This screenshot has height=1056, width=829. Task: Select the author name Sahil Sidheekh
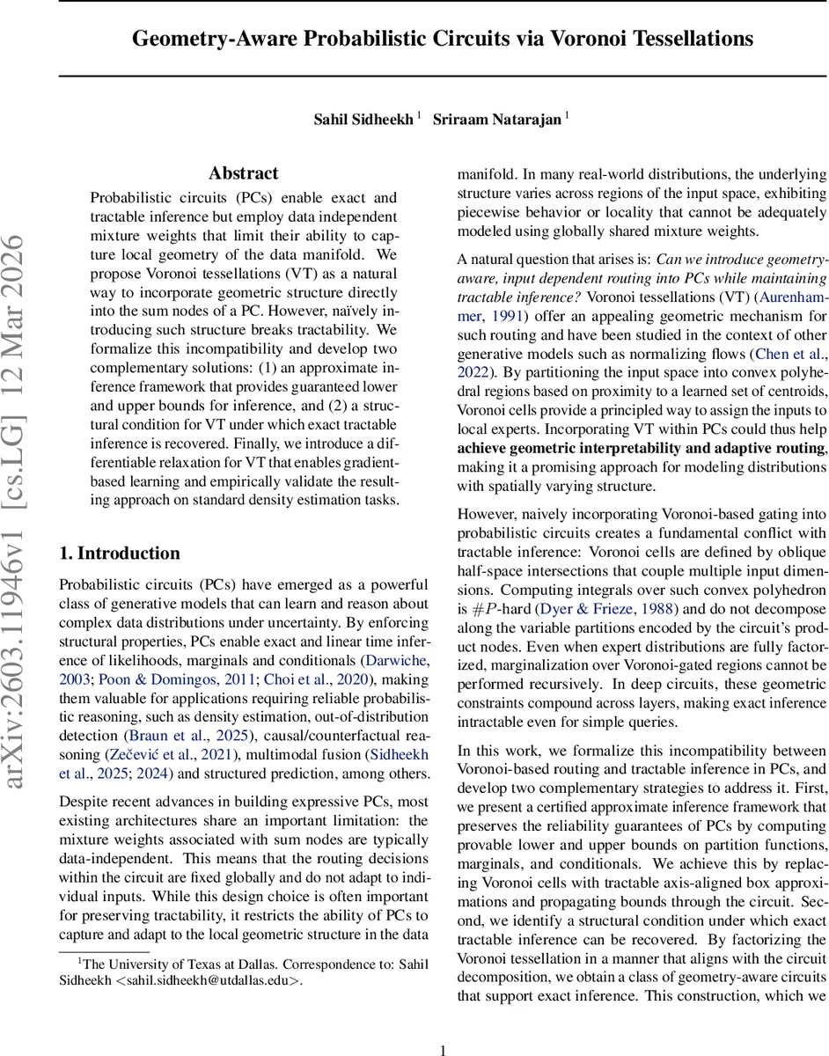click(363, 119)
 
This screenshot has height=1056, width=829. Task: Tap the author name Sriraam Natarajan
click(496, 119)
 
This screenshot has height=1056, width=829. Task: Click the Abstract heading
click(244, 173)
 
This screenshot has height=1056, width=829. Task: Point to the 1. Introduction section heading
click(119, 554)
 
